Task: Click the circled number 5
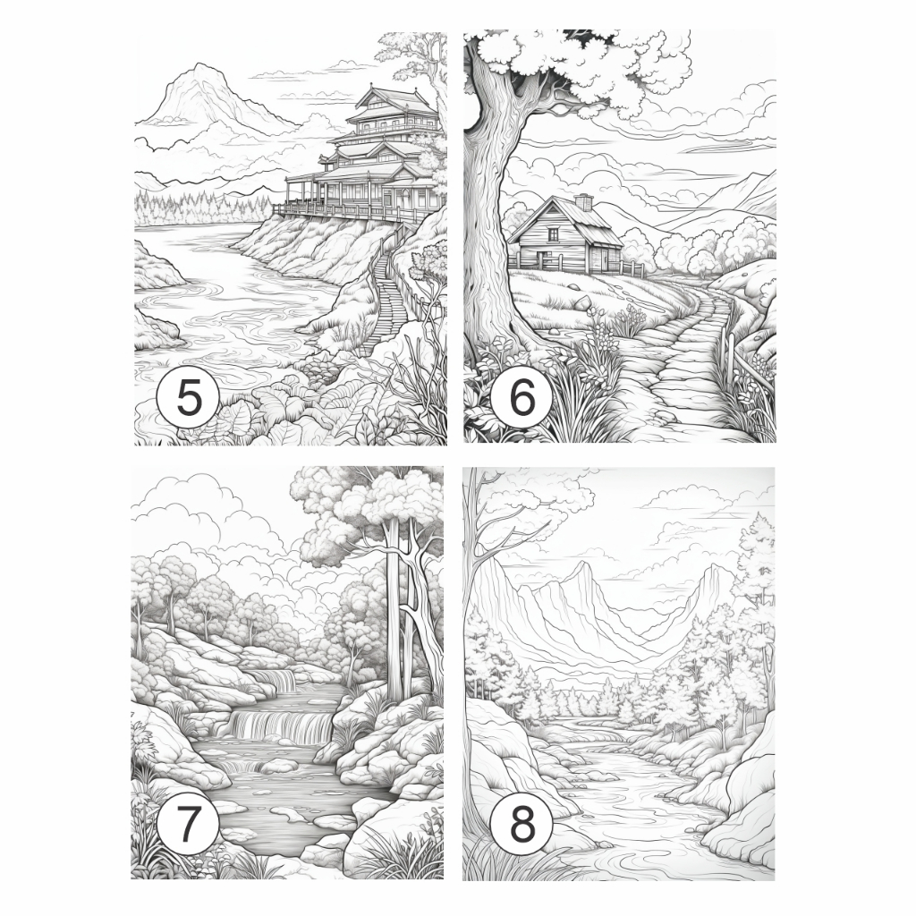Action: click(188, 398)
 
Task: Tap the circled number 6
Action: click(522, 398)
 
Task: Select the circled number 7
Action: click(188, 825)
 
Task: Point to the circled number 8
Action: click(522, 825)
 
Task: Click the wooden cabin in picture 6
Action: click(564, 236)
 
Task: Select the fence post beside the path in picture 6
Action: click(726, 349)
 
